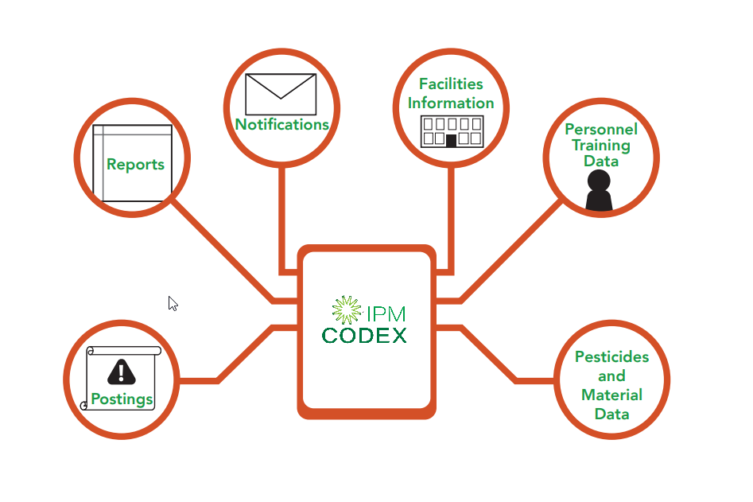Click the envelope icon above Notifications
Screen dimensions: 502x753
(x=281, y=94)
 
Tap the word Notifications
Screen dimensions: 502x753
(x=281, y=125)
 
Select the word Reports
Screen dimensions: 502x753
(x=135, y=165)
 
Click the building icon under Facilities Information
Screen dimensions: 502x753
(x=452, y=130)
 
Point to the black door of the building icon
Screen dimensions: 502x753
(x=452, y=140)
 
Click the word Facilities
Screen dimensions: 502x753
(x=451, y=84)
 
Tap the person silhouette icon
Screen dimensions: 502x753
(x=599, y=191)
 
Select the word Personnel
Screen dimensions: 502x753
(x=601, y=129)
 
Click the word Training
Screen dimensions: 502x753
(x=601, y=145)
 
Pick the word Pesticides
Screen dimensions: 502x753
(x=611, y=357)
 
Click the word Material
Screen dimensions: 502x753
(x=611, y=395)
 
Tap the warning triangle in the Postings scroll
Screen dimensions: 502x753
(x=121, y=371)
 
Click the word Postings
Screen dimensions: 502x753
(x=122, y=399)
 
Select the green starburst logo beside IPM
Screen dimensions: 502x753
(x=346, y=309)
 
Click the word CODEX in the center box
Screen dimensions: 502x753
(x=364, y=335)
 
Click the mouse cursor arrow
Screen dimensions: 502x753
(x=172, y=302)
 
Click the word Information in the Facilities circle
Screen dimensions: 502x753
(x=452, y=103)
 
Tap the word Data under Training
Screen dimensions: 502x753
(x=601, y=161)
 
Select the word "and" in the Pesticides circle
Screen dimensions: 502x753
(x=611, y=376)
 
